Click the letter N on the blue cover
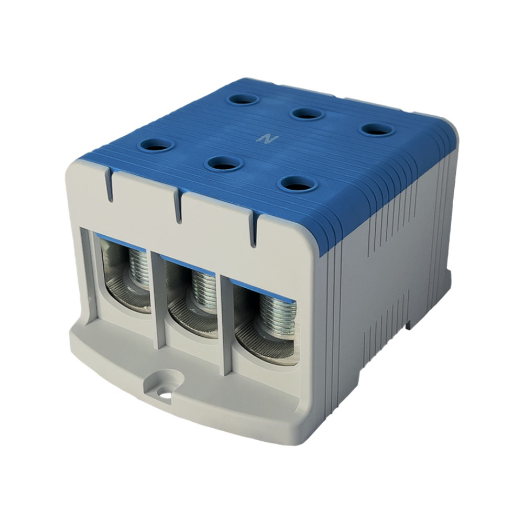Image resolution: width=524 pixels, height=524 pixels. [267, 139]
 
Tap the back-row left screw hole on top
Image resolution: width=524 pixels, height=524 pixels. [243, 99]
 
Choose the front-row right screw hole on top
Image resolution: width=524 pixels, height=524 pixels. [299, 184]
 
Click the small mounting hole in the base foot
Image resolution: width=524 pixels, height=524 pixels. [165, 395]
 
